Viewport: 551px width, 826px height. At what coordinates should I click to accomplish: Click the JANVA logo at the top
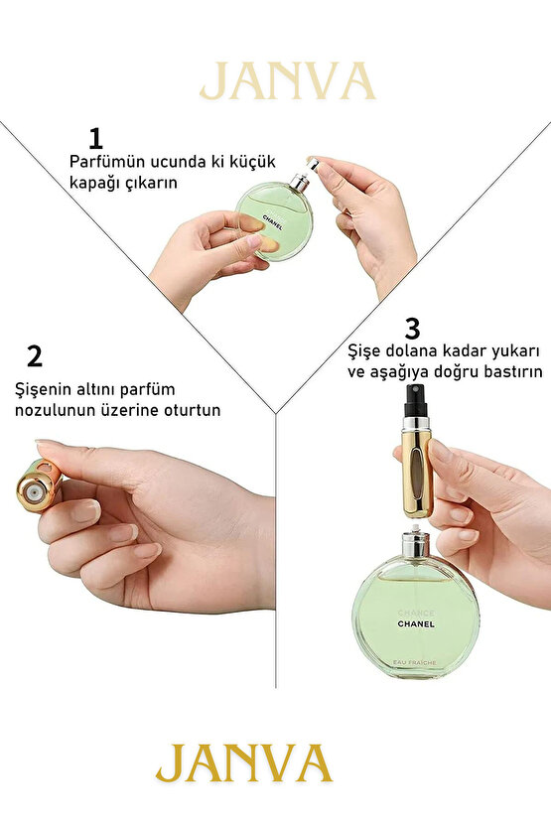287,81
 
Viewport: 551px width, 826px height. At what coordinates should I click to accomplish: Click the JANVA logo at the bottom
243,762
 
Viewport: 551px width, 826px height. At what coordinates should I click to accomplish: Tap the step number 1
95,137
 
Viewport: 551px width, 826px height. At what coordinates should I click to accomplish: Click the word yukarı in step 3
510,351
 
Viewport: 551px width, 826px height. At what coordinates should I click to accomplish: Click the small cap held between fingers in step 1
313,162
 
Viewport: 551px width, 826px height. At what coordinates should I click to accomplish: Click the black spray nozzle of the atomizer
413,403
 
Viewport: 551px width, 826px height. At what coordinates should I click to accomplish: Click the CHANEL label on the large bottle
415,623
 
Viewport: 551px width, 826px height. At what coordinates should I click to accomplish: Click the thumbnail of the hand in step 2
85,511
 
